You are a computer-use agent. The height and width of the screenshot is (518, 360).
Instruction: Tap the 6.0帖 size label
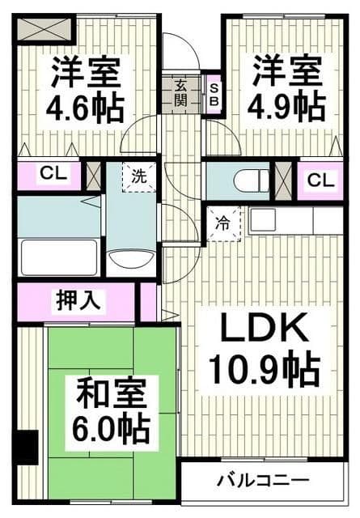pyautogui.click(x=112, y=431)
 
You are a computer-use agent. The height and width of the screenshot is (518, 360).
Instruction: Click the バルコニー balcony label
pyautogui.click(x=262, y=481)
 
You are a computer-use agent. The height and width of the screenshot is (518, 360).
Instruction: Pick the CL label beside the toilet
pyautogui.click(x=320, y=180)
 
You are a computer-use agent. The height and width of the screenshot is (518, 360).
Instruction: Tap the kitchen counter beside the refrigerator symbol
pyautogui.click(x=295, y=220)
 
